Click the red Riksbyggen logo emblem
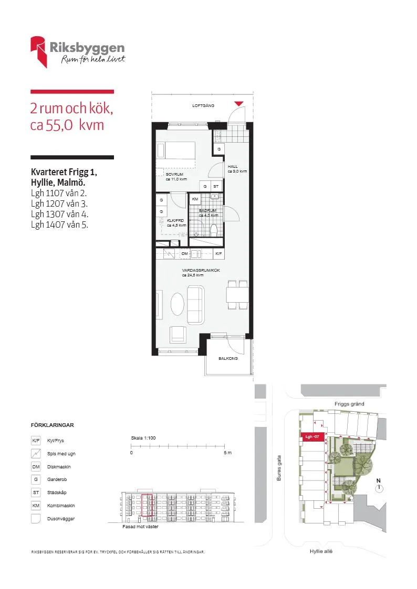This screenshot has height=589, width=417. pos(38,51)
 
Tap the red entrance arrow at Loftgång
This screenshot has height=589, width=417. pos(239,104)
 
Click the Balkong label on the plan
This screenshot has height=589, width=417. pos(228,358)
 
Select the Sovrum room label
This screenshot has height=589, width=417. pos(174,174)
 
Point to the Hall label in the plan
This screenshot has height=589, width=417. pos(233,166)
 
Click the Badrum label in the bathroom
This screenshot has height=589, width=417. pos(207,211)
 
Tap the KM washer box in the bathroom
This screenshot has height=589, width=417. pos(195,199)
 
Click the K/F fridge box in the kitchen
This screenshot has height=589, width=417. pos(219,253)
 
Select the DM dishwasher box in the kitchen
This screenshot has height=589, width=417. pos(185,253)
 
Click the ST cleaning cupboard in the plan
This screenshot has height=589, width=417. pos(216,186)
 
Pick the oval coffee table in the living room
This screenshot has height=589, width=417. pos(178,304)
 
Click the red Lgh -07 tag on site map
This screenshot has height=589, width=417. pos(312,437)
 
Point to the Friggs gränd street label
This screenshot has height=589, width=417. pos(349,404)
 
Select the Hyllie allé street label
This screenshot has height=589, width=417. pos(321,551)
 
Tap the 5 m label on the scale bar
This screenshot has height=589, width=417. pos(228,453)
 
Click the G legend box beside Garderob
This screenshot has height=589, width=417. pos(36,479)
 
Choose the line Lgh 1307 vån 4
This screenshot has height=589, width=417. pos(60,214)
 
